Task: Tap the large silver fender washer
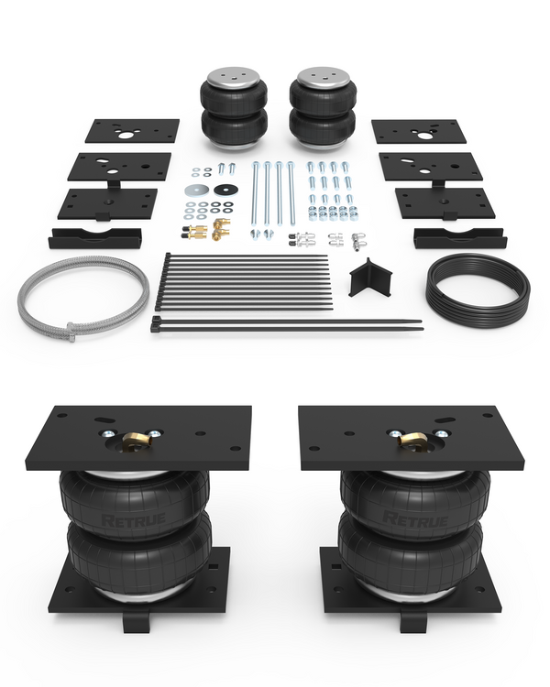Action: point(197,191)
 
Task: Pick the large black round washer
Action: point(226,190)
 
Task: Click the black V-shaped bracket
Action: point(371,278)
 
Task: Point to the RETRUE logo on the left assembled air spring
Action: point(133,520)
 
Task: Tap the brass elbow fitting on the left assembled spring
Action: point(136,439)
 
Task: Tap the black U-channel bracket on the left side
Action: point(94,238)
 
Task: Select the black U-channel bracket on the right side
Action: point(460,238)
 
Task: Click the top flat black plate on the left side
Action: point(132,131)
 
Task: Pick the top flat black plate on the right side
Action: point(419,131)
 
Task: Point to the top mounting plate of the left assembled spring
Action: point(138,437)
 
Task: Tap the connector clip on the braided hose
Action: point(71,332)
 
